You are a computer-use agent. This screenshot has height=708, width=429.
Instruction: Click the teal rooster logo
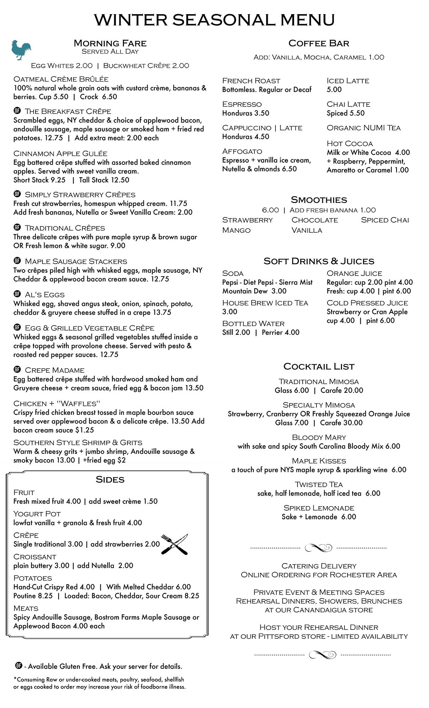pos(21,50)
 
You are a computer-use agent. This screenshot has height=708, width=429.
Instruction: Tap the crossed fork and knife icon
pos(175,544)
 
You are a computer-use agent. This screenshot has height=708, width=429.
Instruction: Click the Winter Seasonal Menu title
pos(214,20)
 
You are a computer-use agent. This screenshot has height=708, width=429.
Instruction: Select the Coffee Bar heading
pos(319,43)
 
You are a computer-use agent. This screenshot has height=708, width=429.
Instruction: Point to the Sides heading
pos(110,479)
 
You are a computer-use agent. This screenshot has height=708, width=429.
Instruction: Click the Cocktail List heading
pos(319,366)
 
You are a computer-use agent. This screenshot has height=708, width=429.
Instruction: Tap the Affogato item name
pos(242,151)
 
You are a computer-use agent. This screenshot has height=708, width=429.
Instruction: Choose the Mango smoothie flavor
pos(236,230)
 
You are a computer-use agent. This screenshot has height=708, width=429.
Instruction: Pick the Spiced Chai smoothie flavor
pos(384,220)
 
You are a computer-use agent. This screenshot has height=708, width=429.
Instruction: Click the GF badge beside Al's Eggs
pos(17,294)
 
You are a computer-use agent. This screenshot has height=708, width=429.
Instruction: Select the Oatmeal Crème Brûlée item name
pos(61,79)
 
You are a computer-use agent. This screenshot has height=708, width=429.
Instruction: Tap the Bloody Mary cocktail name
pos(319,438)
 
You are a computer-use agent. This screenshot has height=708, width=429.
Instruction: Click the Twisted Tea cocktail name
pos(319,485)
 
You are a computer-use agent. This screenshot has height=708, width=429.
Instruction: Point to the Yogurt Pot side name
pos(37,514)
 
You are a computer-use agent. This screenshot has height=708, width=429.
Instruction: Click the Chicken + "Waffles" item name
pos(57,404)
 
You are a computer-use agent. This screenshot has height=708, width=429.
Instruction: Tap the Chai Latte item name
pos(348,104)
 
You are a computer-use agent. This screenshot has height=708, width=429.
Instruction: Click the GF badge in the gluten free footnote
pos(19,665)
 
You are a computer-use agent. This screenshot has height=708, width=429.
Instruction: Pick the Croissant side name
pos(35,557)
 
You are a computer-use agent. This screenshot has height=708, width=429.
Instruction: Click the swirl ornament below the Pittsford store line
pos(322,654)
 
